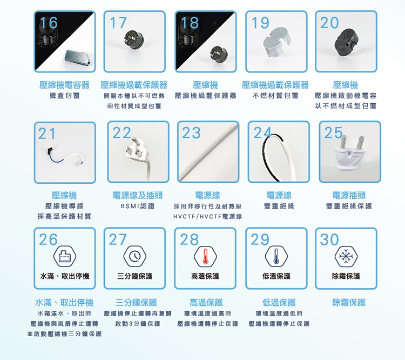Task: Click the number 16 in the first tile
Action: click(49, 23)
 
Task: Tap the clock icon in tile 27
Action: click(135, 256)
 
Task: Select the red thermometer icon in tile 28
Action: click(205, 256)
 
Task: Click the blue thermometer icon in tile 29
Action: click(276, 256)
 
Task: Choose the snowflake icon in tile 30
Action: click(346, 256)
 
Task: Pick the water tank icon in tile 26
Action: click(65, 256)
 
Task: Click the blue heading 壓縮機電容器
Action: click(64, 85)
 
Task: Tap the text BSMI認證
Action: click(138, 206)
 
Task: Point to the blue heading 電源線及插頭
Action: click(138, 195)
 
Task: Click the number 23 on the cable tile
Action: click(191, 132)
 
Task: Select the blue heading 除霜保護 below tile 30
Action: click(349, 302)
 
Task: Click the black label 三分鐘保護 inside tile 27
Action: click(135, 276)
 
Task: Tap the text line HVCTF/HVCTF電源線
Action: click(208, 216)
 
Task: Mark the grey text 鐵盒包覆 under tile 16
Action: click(65, 96)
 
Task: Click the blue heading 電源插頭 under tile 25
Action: click(349, 195)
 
